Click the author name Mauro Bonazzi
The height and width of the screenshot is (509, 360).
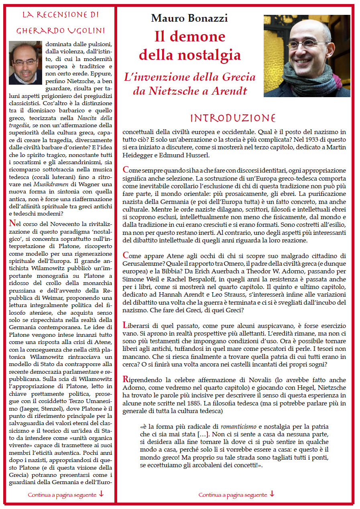click(x=189, y=18)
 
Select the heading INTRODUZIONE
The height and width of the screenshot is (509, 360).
click(x=233, y=118)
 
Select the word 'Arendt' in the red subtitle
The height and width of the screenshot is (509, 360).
click(x=230, y=91)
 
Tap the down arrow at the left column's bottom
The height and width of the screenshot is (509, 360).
click(x=101, y=494)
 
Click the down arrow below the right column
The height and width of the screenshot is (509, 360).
click(x=272, y=494)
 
